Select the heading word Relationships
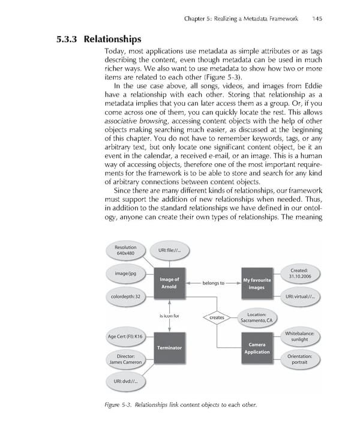112,40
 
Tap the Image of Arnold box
169,283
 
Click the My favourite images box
256,283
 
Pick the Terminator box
169,348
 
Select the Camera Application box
257,348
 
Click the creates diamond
217,318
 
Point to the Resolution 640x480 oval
127,250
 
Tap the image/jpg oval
125,274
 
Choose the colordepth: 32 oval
126,296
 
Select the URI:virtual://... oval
299,296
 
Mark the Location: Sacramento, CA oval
257,317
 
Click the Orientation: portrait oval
299,359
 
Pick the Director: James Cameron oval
125,359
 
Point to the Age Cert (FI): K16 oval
126,337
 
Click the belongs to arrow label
213,283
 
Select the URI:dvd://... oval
126,382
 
